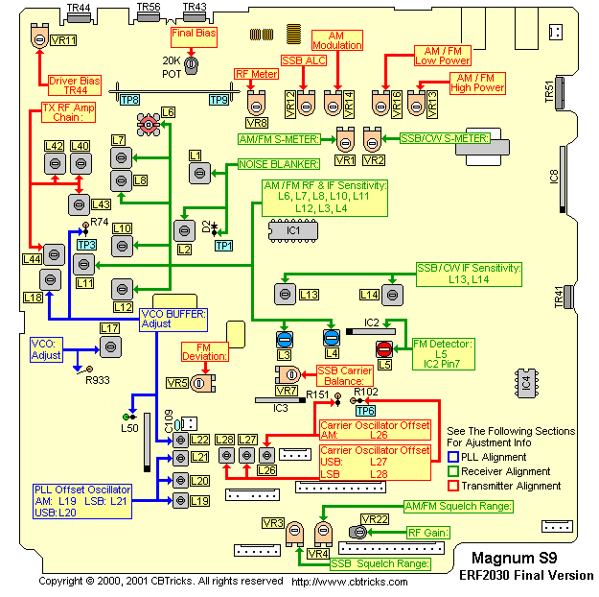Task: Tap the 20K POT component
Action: (x=191, y=64)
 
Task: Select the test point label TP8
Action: (x=129, y=99)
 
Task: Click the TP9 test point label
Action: (x=219, y=99)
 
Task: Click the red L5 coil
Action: (x=384, y=347)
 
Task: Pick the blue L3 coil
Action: (x=285, y=338)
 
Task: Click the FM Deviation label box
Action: (x=205, y=350)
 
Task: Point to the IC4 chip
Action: (x=524, y=381)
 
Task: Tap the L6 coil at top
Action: (x=149, y=124)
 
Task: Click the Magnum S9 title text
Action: (x=514, y=557)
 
